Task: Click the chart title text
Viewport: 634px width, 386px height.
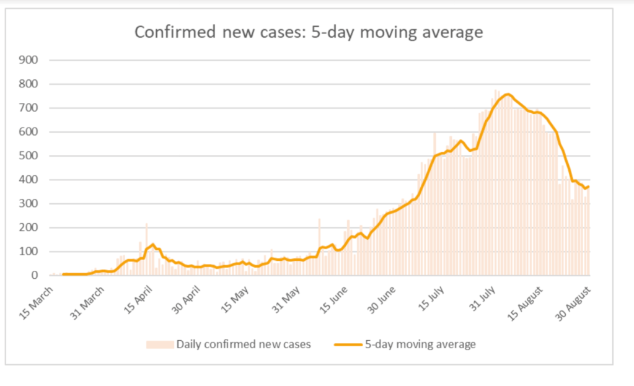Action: pos(309,32)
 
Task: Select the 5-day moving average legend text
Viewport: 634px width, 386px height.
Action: pos(420,344)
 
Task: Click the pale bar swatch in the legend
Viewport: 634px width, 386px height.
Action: pos(160,344)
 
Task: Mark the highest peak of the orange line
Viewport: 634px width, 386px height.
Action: pos(507,94)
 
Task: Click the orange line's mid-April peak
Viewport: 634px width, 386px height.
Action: pos(152,245)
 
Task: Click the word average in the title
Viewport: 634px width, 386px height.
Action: pos(449,32)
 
